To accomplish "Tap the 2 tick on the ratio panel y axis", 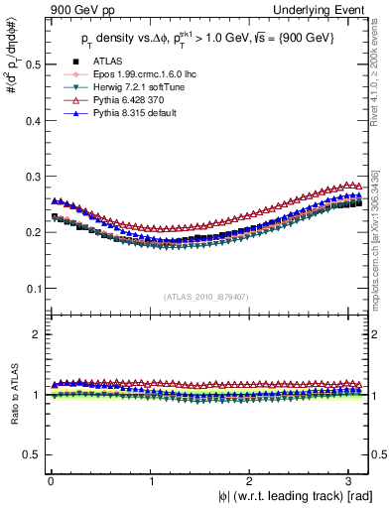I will tap(37, 334).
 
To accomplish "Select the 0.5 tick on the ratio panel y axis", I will tap(33, 454).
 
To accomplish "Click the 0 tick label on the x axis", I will tap(51, 480).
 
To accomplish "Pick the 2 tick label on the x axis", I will tap(252, 480).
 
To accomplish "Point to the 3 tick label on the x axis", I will tap(352, 480).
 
